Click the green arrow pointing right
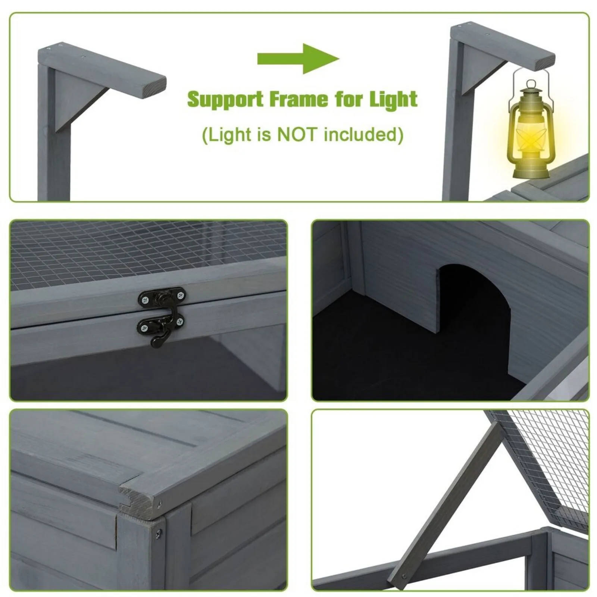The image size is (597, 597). click(x=298, y=59)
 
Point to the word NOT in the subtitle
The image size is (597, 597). click(x=298, y=134)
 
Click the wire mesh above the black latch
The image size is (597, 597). click(x=149, y=254)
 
